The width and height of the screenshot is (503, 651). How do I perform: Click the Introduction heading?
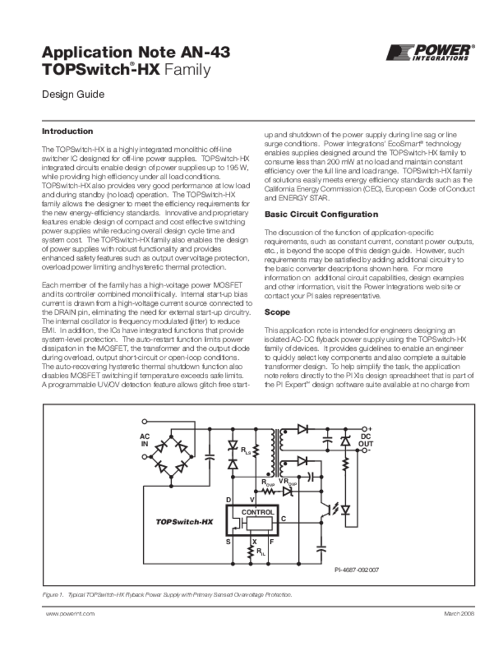coord(67,132)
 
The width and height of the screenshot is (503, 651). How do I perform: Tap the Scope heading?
coord(277,313)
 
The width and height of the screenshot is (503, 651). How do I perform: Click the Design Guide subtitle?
coord(72,95)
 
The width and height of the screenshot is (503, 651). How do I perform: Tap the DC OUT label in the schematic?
coord(366,440)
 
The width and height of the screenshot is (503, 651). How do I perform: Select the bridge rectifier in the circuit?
coord(173,451)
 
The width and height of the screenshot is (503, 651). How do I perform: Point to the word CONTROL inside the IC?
coord(258,512)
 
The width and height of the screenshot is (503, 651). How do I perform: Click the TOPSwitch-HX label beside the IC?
coord(184,522)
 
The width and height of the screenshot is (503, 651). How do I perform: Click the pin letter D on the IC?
coord(228,501)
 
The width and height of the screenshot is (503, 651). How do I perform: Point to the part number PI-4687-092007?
coord(357,570)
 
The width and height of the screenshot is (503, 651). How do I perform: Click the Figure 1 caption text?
coord(167,594)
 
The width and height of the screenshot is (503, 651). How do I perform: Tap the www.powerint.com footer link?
coord(70,613)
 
